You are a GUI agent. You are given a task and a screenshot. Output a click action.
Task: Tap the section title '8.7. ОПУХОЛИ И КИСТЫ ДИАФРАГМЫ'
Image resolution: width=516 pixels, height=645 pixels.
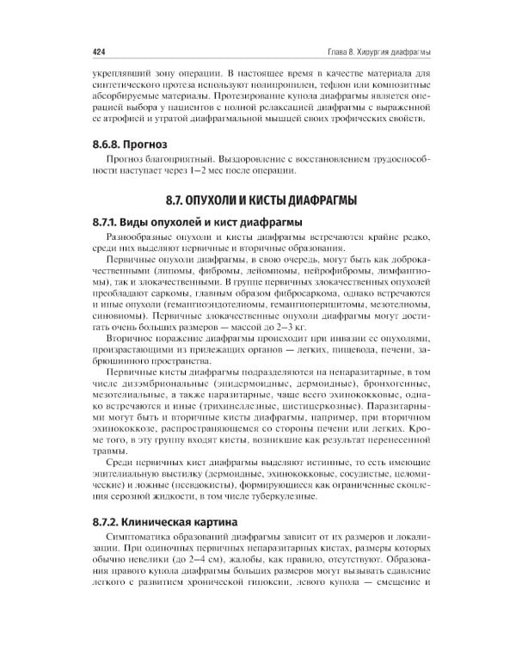pos(258,200)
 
